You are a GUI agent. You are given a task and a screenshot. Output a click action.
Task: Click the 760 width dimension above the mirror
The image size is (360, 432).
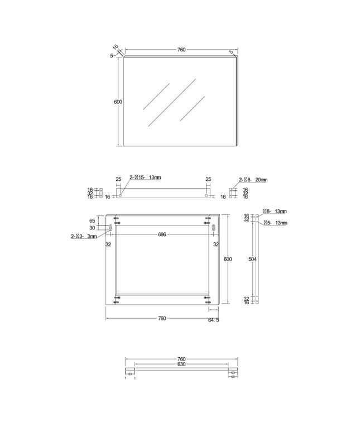[181, 50]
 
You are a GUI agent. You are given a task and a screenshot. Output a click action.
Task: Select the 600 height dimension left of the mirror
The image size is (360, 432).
[117, 102]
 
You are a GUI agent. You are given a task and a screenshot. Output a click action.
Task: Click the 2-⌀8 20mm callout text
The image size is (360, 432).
[253, 180]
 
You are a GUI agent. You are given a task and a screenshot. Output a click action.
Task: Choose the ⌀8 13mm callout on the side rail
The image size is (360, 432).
[275, 212]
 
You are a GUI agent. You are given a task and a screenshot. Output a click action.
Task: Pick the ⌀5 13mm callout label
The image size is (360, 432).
[275, 223]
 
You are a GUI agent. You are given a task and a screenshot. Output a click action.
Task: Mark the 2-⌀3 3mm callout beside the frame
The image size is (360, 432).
[84, 237]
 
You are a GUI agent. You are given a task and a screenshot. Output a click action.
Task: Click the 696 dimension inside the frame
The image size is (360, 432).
[162, 235]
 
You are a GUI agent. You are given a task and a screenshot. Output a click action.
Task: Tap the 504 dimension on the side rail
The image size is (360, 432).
[253, 260]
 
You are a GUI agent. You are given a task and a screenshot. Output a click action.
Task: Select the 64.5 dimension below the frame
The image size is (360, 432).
[213, 320]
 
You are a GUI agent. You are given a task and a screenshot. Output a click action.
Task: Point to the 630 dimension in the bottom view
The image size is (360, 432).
[181, 364]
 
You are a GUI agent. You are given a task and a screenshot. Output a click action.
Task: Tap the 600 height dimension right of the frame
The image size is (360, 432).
[227, 259]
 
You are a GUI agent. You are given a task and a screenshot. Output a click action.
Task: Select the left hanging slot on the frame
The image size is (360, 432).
[111, 228]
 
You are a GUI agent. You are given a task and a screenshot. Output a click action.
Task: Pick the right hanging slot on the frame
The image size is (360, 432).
[213, 228]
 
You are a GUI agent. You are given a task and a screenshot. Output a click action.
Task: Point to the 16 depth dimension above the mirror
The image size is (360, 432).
[116, 47]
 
